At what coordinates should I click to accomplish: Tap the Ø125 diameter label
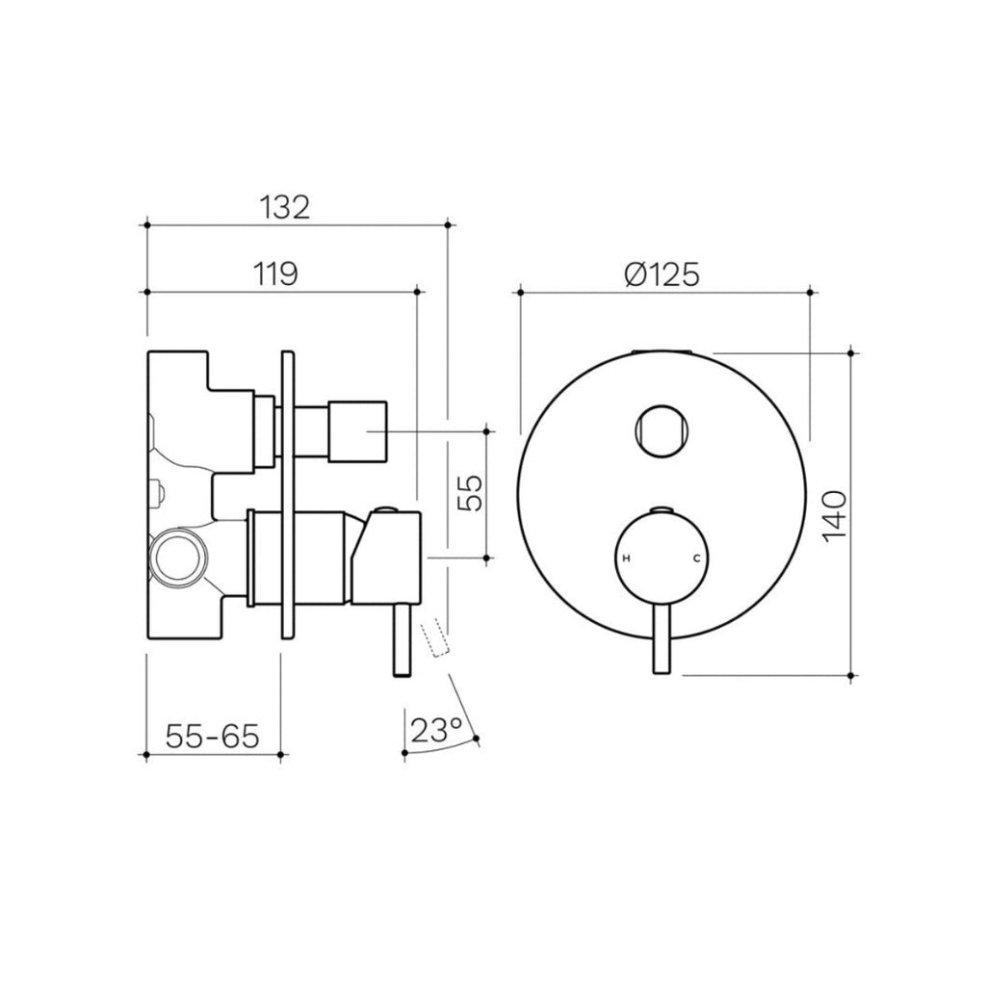(x=661, y=274)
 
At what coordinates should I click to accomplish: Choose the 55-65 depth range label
(x=213, y=736)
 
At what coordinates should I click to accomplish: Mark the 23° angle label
(x=435, y=730)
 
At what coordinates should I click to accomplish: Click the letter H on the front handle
(x=627, y=558)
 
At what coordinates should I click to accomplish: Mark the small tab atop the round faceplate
(x=662, y=350)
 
